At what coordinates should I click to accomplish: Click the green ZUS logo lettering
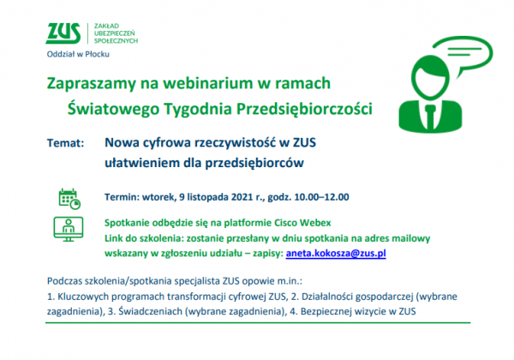[x=63, y=33]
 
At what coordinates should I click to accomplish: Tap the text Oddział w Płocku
[x=78, y=54]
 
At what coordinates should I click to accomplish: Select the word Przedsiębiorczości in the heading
[x=304, y=109]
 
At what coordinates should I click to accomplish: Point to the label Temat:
[x=66, y=143]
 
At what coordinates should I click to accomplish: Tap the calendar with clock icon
[x=69, y=199]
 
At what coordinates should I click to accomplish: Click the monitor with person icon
[x=69, y=229]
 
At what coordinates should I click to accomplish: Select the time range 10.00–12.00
[x=321, y=197]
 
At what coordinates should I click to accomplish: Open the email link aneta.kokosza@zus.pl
[x=336, y=254]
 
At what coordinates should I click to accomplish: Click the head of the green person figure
[x=430, y=77]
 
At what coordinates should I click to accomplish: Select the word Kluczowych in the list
[x=79, y=297]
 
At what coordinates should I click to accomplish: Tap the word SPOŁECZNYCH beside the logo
[x=116, y=41]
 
